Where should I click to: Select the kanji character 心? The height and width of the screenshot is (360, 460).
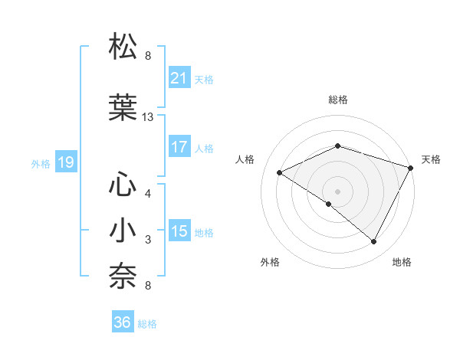click(x=123, y=185)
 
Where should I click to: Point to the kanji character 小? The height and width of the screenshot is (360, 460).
click(x=123, y=231)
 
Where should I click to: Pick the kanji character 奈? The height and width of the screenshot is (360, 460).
click(x=123, y=277)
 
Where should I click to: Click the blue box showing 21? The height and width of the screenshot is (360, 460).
click(x=179, y=78)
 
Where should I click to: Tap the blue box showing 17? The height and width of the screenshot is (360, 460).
click(x=179, y=147)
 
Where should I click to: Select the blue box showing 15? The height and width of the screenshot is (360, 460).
click(x=179, y=231)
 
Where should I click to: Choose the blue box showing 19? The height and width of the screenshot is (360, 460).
click(x=65, y=162)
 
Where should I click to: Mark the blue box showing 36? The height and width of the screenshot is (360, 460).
click(x=123, y=322)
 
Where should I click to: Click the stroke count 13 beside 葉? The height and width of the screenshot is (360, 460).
click(x=148, y=117)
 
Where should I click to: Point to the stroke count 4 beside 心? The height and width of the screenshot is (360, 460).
click(x=148, y=194)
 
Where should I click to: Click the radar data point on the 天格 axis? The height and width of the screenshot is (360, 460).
click(x=412, y=168)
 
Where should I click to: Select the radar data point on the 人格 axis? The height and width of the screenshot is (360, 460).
click(x=280, y=173)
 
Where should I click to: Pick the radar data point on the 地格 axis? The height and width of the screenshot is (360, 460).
click(x=374, y=242)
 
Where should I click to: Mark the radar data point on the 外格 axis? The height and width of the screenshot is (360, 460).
click(x=329, y=204)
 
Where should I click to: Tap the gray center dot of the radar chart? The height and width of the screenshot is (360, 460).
click(x=337, y=191)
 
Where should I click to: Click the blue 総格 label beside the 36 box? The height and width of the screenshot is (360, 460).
click(x=147, y=324)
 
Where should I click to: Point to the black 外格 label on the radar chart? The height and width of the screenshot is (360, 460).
click(x=270, y=262)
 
